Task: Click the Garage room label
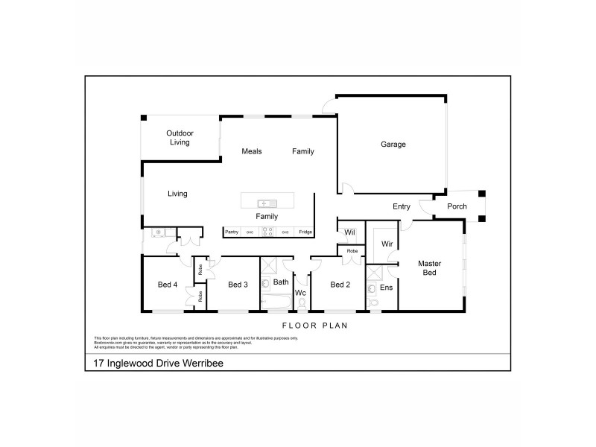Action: (x=393, y=145)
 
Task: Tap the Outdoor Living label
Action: (x=180, y=138)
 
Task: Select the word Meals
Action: (x=252, y=151)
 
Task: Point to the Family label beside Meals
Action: (x=302, y=151)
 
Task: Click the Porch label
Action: (x=457, y=207)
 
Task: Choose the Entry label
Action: (x=402, y=207)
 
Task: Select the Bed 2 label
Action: (x=340, y=285)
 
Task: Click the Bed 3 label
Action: (x=238, y=285)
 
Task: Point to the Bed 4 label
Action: (x=168, y=285)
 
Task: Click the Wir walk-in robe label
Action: (x=387, y=244)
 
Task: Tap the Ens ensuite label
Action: (x=387, y=287)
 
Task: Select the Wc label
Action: (x=301, y=293)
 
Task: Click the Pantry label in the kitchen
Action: (x=232, y=232)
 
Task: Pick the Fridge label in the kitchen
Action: (x=305, y=232)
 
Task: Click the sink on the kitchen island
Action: (x=267, y=203)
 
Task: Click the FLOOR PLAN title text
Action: (x=314, y=326)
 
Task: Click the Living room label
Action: (x=177, y=194)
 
